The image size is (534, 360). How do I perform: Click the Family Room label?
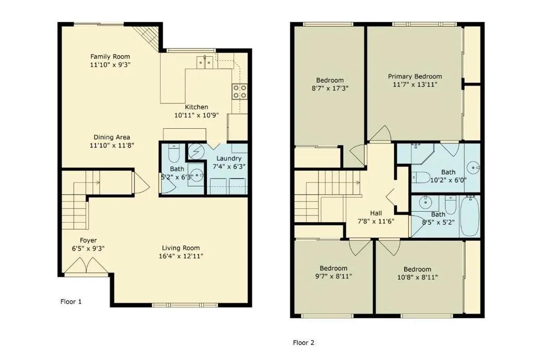pyautogui.click(x=110, y=56)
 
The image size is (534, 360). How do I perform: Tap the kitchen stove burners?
pyautogui.click(x=240, y=91)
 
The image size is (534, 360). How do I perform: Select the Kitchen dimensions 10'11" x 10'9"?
pyautogui.click(x=197, y=115)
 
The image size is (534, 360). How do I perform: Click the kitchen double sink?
pyautogui.click(x=205, y=62)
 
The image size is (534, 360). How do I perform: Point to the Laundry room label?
pyautogui.click(x=229, y=159)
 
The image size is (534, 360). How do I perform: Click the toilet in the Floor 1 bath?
pyautogui.click(x=174, y=154)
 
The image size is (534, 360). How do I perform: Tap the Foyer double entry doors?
pyautogui.click(x=87, y=266)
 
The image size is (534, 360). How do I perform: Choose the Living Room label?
pyautogui.click(x=181, y=248)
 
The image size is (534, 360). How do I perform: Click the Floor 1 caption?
pyautogui.click(x=71, y=302)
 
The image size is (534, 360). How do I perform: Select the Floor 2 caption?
pyautogui.click(x=304, y=343)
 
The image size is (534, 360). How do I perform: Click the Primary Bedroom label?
pyautogui.click(x=415, y=76)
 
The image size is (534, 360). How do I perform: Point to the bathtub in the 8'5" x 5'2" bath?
pyautogui.click(x=470, y=216)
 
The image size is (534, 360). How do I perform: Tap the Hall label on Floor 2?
pyautogui.click(x=376, y=213)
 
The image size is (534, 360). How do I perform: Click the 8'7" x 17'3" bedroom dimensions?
pyautogui.click(x=330, y=89)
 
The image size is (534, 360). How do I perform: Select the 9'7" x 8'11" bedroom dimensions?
pyautogui.click(x=333, y=276)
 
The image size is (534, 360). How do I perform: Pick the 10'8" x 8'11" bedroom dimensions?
pyautogui.click(x=418, y=277)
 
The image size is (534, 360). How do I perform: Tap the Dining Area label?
pyautogui.click(x=112, y=137)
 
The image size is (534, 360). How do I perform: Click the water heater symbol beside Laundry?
pyautogui.click(x=196, y=151)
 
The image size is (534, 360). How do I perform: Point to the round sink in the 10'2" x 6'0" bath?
pyautogui.click(x=473, y=167)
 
